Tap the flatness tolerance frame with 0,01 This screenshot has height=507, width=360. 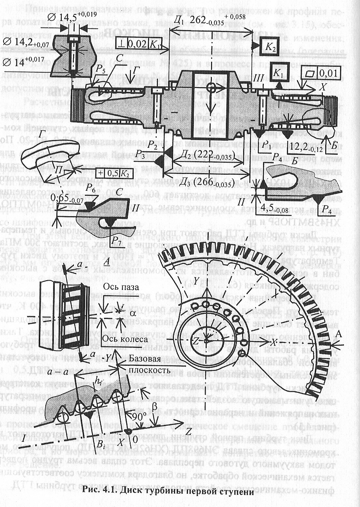[321, 72]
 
